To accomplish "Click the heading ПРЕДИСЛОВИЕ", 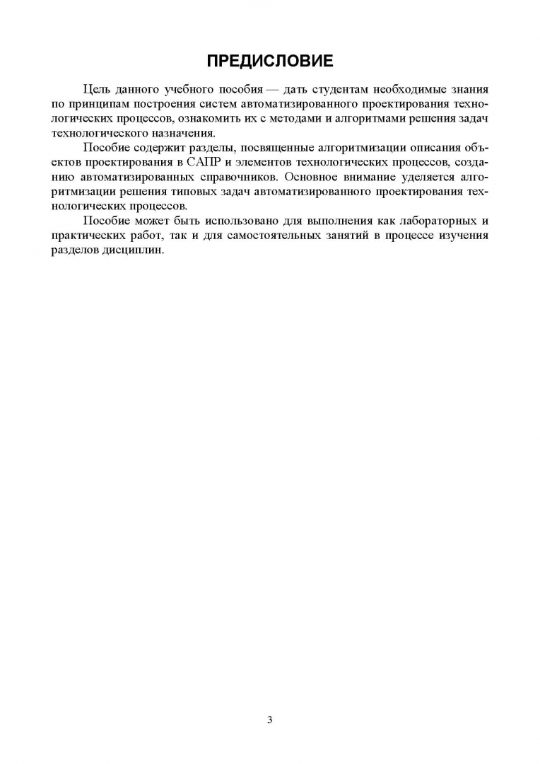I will pos(269,62).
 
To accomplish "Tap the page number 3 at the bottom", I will pos(270,720).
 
